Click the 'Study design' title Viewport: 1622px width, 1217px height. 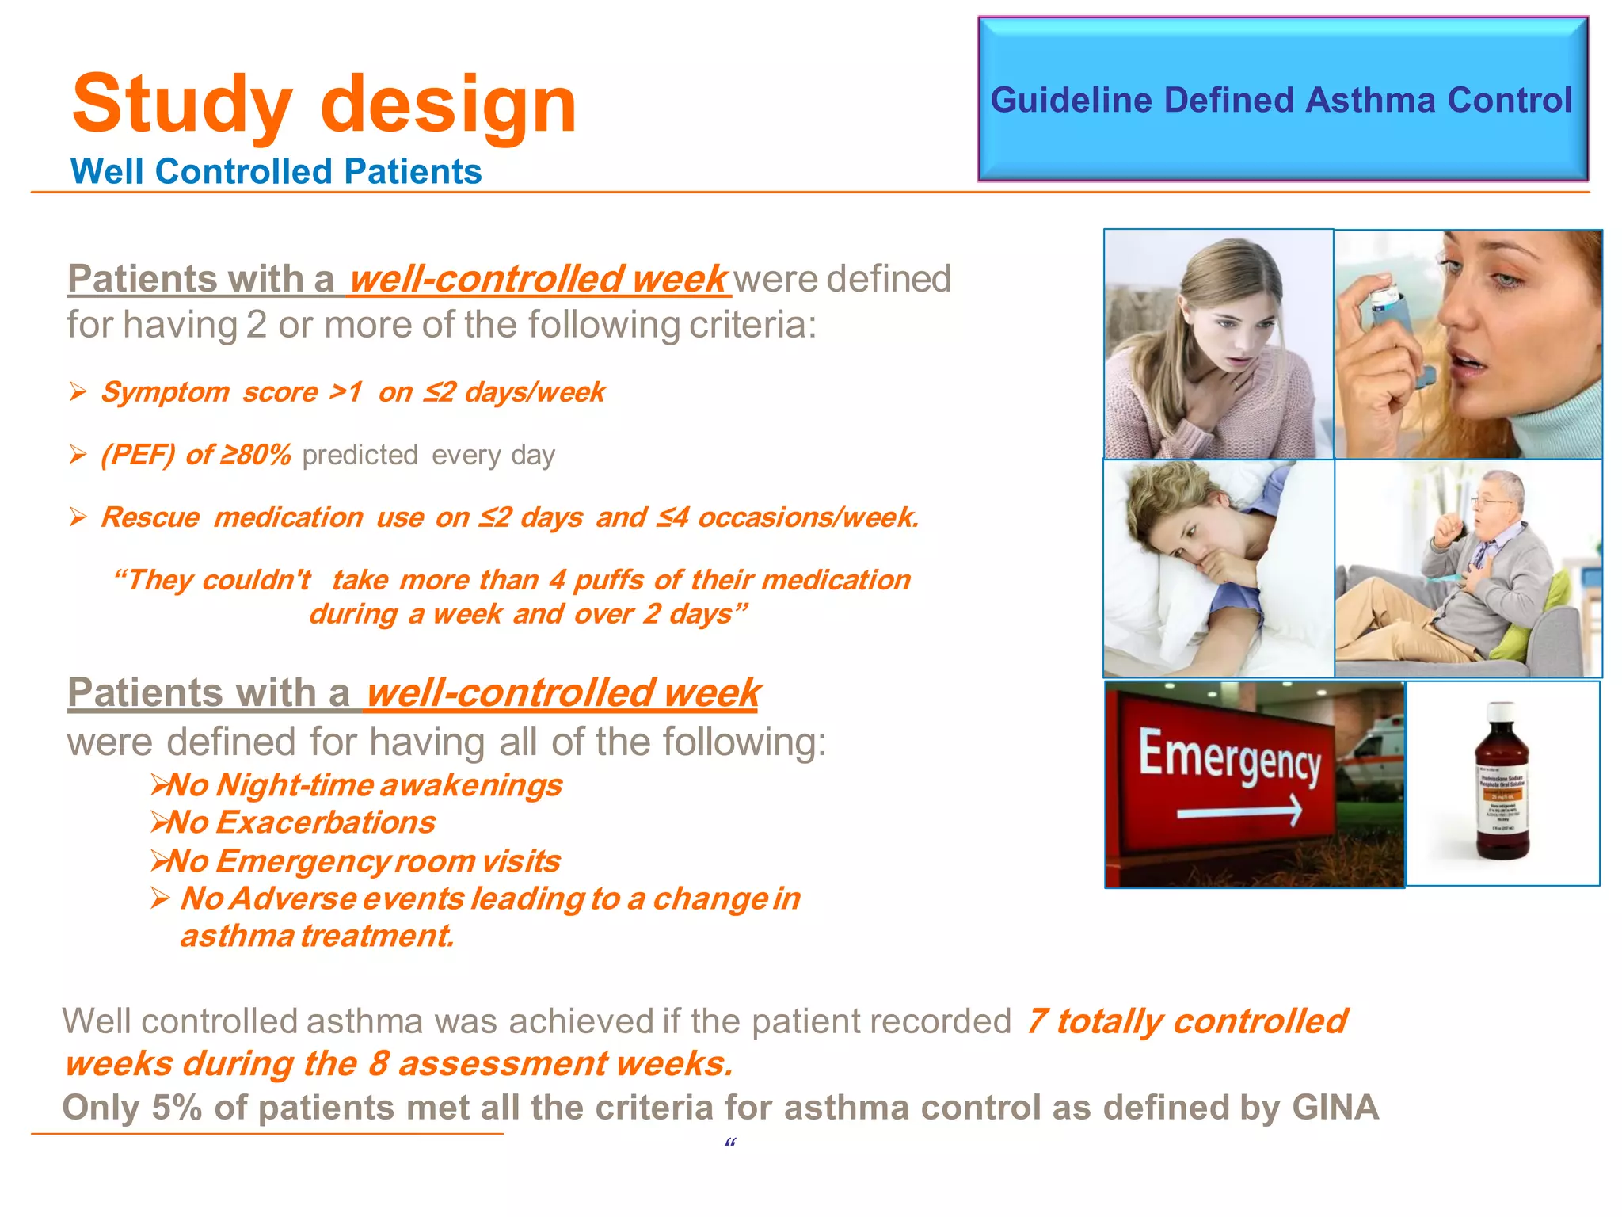coord(325,105)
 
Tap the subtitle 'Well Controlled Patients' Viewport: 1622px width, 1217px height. coord(276,172)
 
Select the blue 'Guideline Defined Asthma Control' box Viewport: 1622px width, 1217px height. coord(1281,100)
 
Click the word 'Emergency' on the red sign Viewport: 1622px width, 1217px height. coord(1228,757)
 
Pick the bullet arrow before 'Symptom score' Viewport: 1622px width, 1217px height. coord(78,391)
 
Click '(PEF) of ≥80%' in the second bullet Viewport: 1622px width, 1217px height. coord(196,455)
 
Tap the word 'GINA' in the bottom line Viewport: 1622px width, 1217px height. coord(1335,1107)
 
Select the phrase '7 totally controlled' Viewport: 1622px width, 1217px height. coord(1186,1021)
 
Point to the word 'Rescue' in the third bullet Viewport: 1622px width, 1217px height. coord(150,517)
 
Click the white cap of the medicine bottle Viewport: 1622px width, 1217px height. coord(1502,710)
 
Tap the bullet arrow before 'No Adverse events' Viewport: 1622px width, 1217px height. coord(161,898)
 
